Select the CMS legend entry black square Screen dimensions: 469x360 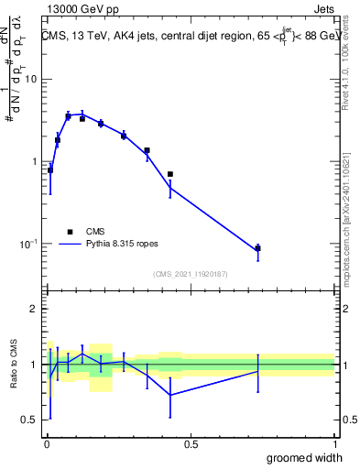(70, 233)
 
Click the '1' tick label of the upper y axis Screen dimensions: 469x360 (33, 162)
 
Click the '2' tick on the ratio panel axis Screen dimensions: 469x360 (33, 310)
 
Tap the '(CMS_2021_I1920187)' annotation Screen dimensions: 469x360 (191, 274)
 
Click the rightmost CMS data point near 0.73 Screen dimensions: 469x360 (258, 248)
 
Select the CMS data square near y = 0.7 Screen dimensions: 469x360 (169, 174)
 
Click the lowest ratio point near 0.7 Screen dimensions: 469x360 (169, 395)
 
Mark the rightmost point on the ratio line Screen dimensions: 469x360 (258, 371)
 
